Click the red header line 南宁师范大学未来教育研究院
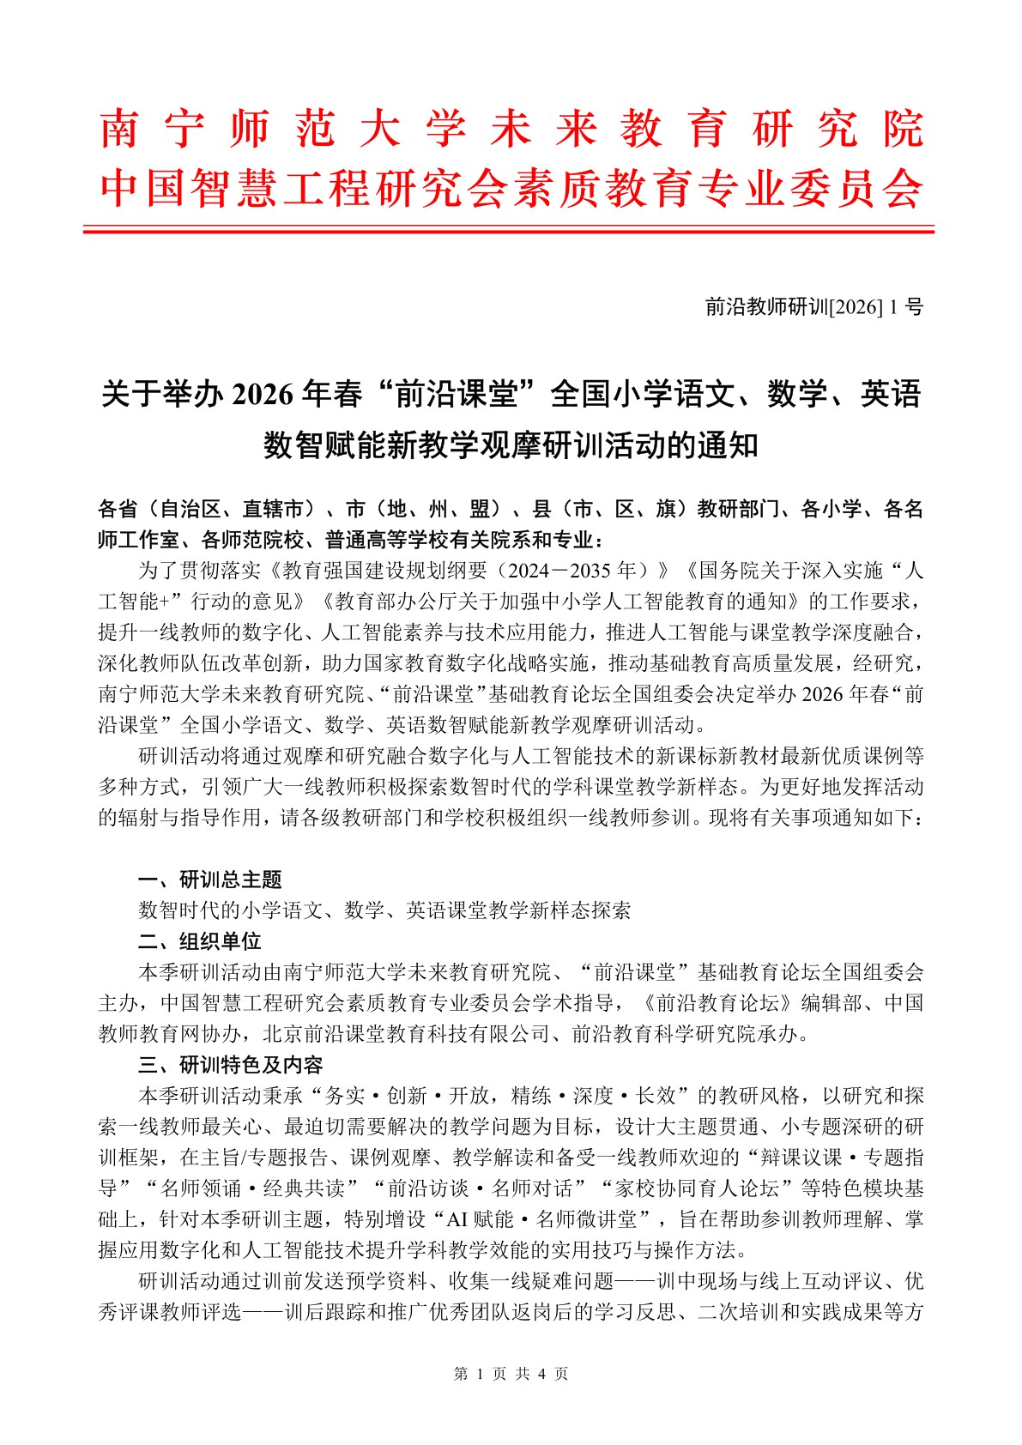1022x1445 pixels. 511,129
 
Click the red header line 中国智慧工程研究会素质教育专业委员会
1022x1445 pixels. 511,188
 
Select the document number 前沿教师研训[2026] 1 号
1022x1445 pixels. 813,306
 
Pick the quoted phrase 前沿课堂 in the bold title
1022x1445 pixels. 458,394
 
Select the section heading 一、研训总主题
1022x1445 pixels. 210,880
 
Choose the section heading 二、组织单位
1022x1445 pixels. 200,941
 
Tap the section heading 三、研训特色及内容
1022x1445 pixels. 231,1065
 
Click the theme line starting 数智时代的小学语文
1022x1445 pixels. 384,910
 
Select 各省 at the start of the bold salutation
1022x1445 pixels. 118,509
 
